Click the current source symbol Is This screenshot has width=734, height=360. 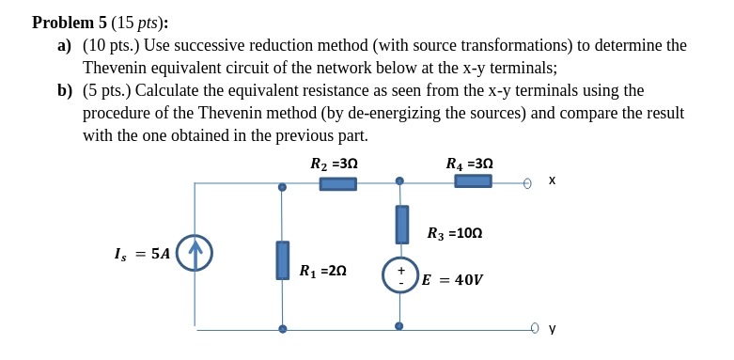(195, 253)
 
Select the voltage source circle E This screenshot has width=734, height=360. (399, 274)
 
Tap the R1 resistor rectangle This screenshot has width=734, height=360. (282, 260)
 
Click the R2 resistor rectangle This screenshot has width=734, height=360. (337, 184)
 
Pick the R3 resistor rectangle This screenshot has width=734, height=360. (401, 225)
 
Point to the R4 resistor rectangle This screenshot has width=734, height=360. (473, 180)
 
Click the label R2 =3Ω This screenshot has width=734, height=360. (334, 164)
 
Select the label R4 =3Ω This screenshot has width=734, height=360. (469, 164)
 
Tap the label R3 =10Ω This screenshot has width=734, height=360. (454, 233)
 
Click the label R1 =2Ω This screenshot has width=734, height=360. (322, 271)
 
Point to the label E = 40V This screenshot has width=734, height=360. (452, 280)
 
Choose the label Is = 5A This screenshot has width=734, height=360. (142, 254)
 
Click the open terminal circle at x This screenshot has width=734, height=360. (527, 183)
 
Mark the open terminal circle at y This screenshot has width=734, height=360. (535, 328)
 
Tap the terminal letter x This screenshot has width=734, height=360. (552, 180)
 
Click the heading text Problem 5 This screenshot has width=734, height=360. (70, 23)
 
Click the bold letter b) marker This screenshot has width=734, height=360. (65, 90)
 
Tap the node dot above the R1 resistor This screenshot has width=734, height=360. (282, 187)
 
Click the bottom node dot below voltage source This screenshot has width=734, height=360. (399, 326)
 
